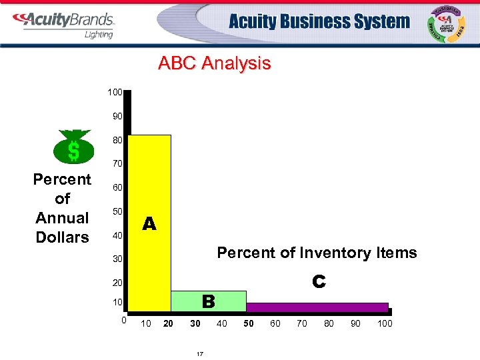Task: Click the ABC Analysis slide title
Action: click(x=214, y=64)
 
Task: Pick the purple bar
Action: click(x=317, y=307)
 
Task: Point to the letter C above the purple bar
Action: click(x=319, y=282)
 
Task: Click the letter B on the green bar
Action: click(x=208, y=302)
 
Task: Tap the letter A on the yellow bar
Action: click(x=149, y=225)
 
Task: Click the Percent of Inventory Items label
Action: click(x=317, y=253)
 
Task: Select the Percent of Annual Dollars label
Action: click(x=62, y=208)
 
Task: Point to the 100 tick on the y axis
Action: click(x=115, y=91)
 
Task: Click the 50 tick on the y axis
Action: click(x=117, y=211)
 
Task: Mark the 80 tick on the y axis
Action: click(x=117, y=140)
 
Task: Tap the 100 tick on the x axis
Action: click(x=385, y=324)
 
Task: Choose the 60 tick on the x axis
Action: click(x=275, y=324)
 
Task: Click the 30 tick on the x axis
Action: click(x=195, y=324)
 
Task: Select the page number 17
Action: click(x=199, y=353)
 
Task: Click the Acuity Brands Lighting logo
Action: click(x=65, y=24)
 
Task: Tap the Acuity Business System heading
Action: click(x=319, y=22)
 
